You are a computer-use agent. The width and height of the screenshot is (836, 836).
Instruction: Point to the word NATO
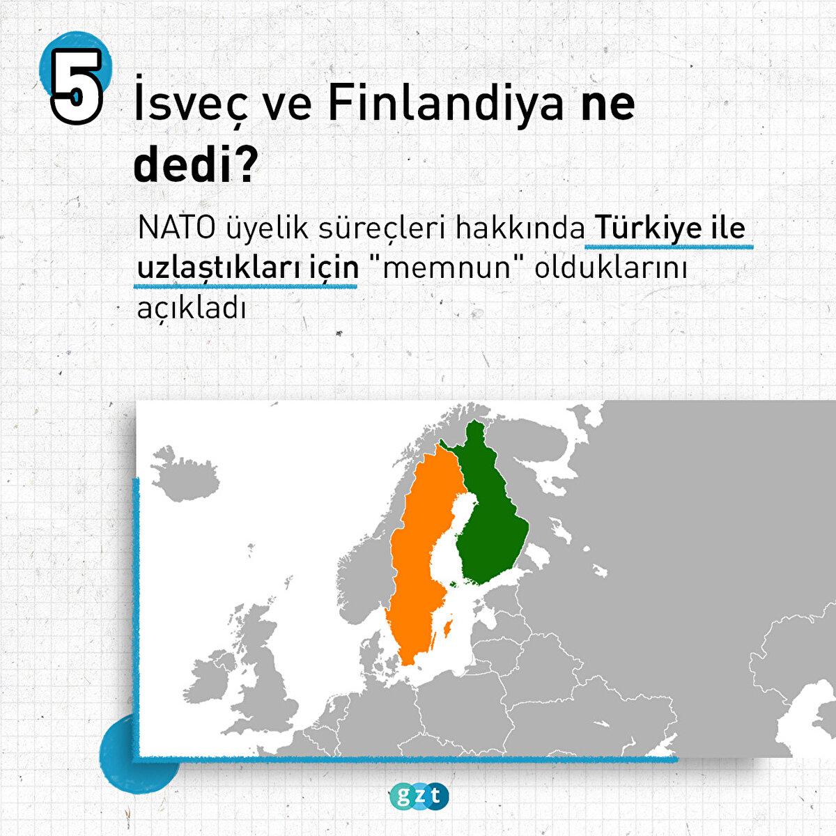176,229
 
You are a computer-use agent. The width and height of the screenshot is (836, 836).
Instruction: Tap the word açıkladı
192,309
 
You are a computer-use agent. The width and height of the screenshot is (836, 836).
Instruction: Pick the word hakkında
520,228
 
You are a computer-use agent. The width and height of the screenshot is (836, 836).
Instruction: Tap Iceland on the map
185,475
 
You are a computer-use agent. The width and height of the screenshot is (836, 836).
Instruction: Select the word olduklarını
610,268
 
